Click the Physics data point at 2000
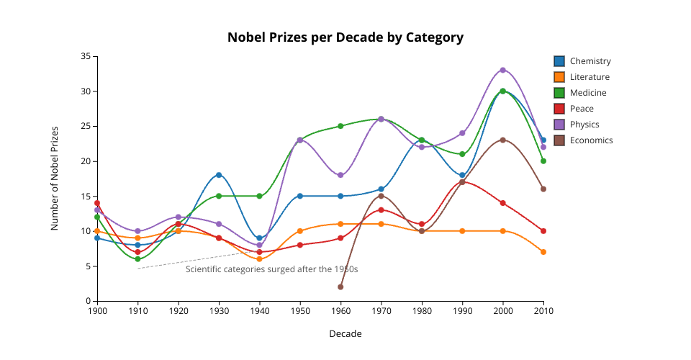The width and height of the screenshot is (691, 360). pos(503,70)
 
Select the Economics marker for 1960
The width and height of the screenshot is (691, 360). pos(340,287)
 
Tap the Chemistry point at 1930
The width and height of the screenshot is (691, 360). pos(219,175)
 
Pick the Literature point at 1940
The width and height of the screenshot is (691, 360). pos(260,259)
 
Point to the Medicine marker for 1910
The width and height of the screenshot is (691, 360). pos(137,259)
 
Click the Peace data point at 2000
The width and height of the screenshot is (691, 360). pos(503,203)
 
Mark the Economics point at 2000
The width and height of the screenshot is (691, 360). pos(503,140)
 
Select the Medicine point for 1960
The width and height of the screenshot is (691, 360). pos(340,126)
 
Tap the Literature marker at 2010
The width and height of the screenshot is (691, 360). pos(543,252)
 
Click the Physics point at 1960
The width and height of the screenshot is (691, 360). pos(340,175)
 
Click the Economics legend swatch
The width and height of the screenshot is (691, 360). pos(559,140)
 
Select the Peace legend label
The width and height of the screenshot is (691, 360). pos(582,109)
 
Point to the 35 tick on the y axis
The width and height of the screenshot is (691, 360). pos(86,56)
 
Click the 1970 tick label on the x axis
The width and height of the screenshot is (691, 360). pos(381,310)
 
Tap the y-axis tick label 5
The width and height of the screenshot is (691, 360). pos(88,266)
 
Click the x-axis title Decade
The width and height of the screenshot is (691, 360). pos(345,334)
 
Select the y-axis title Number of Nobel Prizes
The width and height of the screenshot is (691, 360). pos(54,178)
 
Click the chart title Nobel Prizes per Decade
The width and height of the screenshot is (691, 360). pos(345,37)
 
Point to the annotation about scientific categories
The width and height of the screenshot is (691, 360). pos(271,269)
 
